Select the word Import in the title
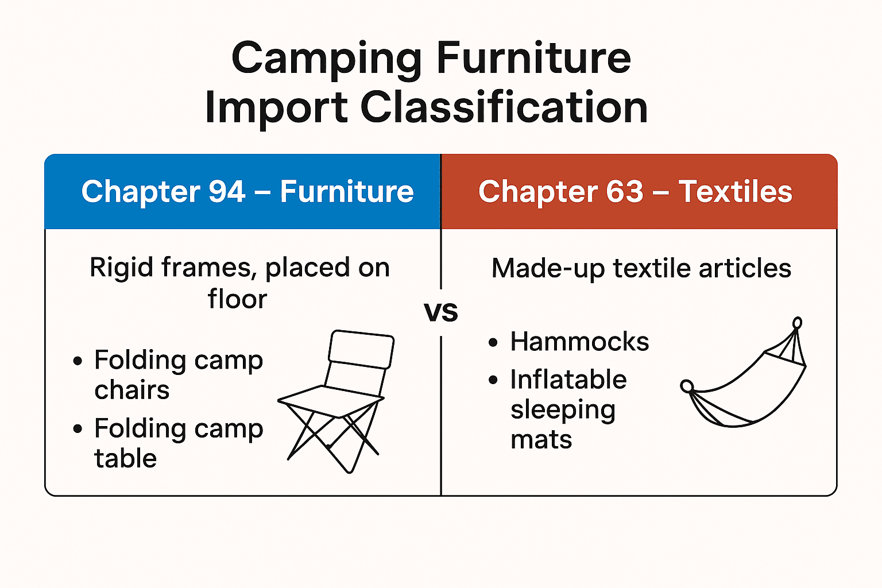click(x=276, y=108)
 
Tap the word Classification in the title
click(x=504, y=108)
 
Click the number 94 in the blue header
click(x=227, y=192)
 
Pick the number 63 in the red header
click(x=624, y=192)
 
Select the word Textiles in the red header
click(x=735, y=192)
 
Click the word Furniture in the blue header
click(x=346, y=192)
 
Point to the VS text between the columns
click(x=441, y=312)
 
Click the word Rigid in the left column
click(x=121, y=268)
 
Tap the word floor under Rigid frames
click(x=237, y=299)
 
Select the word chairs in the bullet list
click(x=132, y=390)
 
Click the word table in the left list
click(x=125, y=459)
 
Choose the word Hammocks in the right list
click(x=579, y=342)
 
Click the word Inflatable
click(x=568, y=380)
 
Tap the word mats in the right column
click(x=541, y=440)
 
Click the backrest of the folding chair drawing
click(x=361, y=349)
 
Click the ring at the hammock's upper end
click(x=797, y=323)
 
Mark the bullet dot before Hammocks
click(x=493, y=343)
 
